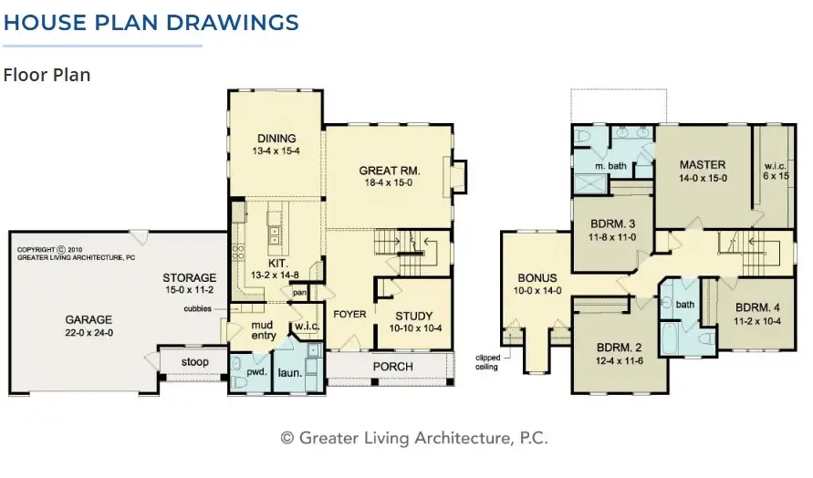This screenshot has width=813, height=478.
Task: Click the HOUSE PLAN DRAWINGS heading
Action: click(151, 22)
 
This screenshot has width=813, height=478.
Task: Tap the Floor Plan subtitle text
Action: click(47, 75)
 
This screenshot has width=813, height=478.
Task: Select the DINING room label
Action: click(276, 139)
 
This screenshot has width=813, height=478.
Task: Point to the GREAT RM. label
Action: click(389, 171)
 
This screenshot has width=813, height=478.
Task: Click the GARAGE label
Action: click(89, 320)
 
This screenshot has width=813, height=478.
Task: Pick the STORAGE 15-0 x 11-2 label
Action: click(190, 278)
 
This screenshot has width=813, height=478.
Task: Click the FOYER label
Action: click(349, 315)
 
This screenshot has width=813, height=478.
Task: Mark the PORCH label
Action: click(392, 367)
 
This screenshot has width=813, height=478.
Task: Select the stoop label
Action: click(193, 362)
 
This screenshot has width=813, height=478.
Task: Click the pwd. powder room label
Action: click(255, 374)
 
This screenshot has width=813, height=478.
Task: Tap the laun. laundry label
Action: click(289, 374)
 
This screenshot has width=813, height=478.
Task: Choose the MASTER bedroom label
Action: click(702, 165)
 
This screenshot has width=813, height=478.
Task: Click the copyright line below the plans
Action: click(414, 438)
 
